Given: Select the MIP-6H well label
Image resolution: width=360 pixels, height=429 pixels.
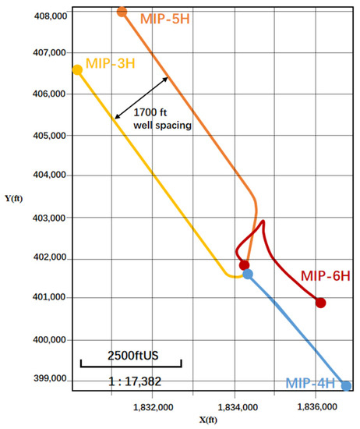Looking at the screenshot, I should click(x=325, y=276).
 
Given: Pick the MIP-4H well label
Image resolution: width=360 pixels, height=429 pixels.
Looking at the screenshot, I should click(x=312, y=383).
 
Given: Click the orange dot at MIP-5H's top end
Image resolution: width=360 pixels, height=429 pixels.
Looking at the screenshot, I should click(x=122, y=12).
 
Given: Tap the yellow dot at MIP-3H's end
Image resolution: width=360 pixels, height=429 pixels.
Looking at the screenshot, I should click(x=77, y=70).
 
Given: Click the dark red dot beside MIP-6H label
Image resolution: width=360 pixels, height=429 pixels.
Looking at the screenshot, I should click(x=320, y=303).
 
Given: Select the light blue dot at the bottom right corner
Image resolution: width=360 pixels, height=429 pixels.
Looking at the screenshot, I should click(x=346, y=385).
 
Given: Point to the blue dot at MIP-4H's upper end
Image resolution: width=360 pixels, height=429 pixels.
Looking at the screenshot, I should click(x=248, y=274).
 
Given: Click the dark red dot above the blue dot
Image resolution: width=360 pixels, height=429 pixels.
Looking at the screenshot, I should click(x=244, y=265).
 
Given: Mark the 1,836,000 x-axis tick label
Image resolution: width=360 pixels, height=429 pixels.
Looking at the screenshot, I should click(x=316, y=406).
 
